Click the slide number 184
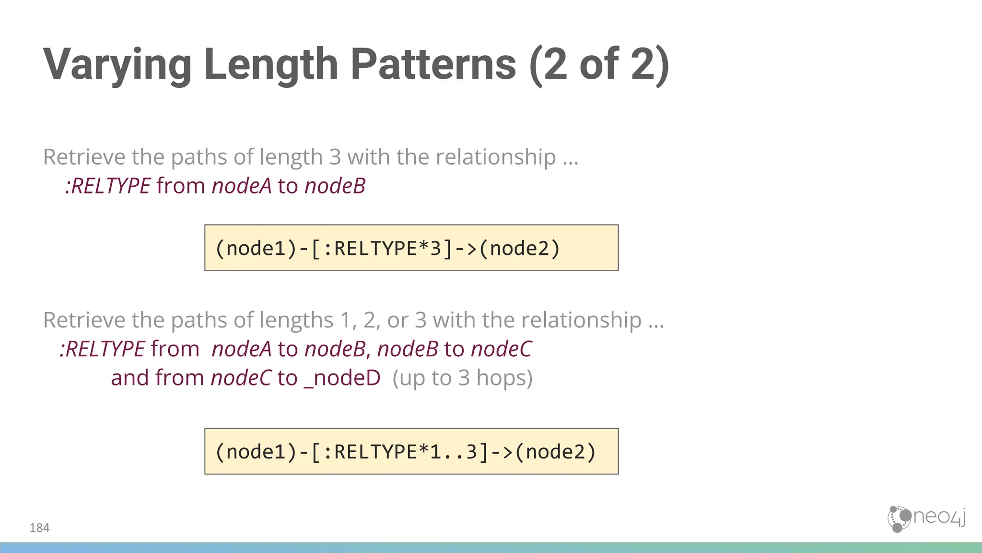pyautogui.click(x=39, y=528)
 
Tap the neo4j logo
pyautogui.click(x=926, y=518)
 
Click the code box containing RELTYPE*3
pyautogui.click(x=411, y=248)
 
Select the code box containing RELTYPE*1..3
pyautogui.click(x=411, y=451)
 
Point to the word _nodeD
pyautogui.click(x=342, y=378)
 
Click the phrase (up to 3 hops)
pyautogui.click(x=462, y=378)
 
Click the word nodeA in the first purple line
pyautogui.click(x=242, y=186)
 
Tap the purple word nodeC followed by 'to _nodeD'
pyautogui.click(x=241, y=378)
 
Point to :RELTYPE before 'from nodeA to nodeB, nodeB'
pyautogui.click(x=102, y=349)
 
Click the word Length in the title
pyautogui.click(x=271, y=65)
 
